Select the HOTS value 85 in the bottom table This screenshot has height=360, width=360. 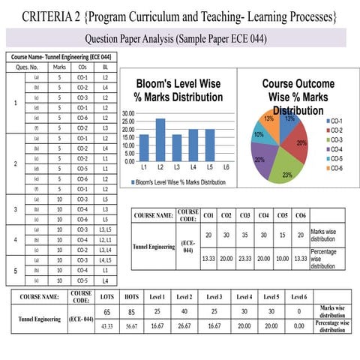(131, 312)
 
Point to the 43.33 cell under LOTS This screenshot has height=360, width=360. (106, 325)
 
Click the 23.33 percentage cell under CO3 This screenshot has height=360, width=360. (244, 259)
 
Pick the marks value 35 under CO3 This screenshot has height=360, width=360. (244, 235)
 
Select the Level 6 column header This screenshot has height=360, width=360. (298, 297)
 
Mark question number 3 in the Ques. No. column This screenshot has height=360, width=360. (16, 208)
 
